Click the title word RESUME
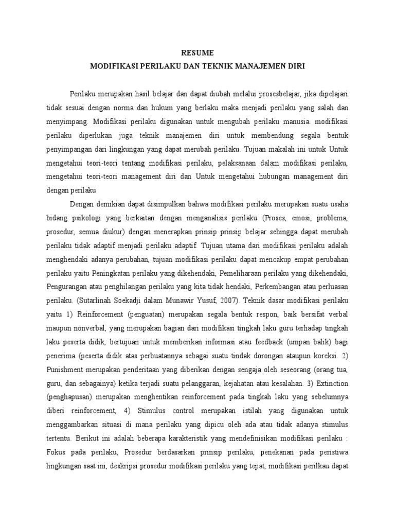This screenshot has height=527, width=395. (x=197, y=53)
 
